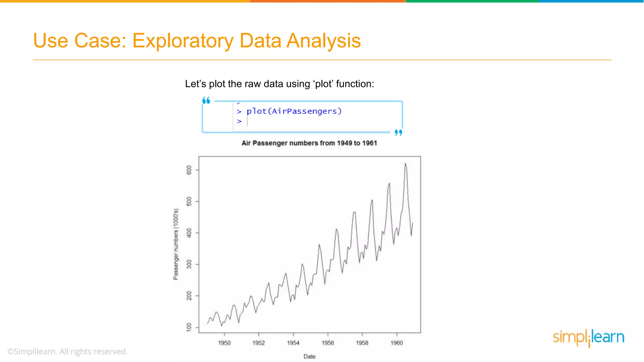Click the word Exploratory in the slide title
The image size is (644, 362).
click(183, 41)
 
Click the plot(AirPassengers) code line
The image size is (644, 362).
click(294, 111)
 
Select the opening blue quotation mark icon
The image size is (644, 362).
click(206, 101)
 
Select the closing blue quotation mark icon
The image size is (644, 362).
click(398, 133)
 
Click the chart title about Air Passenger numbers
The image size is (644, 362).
click(309, 143)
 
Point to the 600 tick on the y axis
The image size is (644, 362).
click(189, 170)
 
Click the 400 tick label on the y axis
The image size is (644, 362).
click(189, 233)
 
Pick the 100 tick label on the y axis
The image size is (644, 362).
click(189, 327)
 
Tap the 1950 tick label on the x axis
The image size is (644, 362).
click(224, 343)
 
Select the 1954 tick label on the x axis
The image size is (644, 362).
click(293, 343)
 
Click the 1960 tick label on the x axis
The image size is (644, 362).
click(397, 343)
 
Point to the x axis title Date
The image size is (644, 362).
click(309, 356)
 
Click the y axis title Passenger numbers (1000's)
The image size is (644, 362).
click(176, 244)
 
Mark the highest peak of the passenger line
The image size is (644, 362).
click(405, 164)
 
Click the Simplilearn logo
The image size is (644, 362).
click(588, 338)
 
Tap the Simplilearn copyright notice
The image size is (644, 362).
click(68, 351)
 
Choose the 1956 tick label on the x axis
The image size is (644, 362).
click(328, 343)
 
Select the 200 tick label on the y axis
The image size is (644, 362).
click(189, 296)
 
